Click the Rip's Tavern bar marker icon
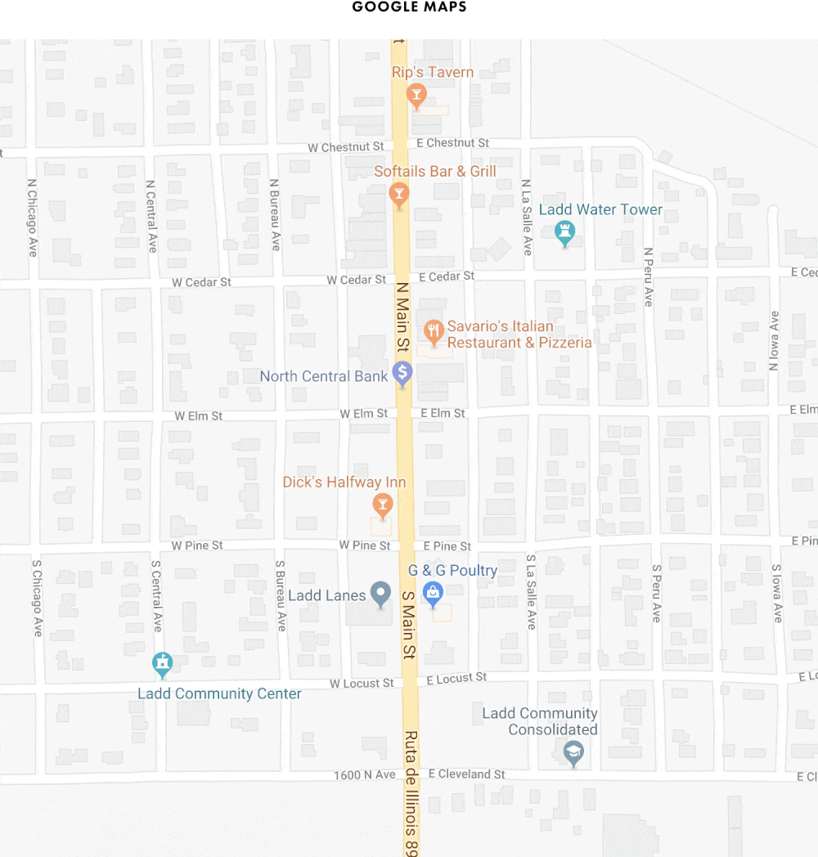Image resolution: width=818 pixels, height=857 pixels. coord(416,96)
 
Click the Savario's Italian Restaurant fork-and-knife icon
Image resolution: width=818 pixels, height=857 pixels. coord(434,332)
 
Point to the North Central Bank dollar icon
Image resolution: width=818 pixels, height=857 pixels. coord(402,374)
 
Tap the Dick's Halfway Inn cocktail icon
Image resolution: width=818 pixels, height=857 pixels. coord(381,503)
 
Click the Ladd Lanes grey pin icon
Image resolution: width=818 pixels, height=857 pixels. coord(380,594)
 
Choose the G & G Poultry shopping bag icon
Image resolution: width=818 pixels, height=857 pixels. coord(433,593)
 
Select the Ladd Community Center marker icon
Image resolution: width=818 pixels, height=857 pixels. coord(163,664)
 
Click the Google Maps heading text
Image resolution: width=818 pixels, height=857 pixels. coord(409,7)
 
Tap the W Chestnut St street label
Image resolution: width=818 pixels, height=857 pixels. coord(345,146)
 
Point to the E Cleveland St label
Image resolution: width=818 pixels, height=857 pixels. coord(466,774)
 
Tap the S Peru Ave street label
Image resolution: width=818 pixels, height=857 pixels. coord(656,593)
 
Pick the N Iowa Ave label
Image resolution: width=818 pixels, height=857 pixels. coord(774,341)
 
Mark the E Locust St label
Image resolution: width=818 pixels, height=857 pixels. coord(451,679)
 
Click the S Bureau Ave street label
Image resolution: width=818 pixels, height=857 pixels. coord(281,595)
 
